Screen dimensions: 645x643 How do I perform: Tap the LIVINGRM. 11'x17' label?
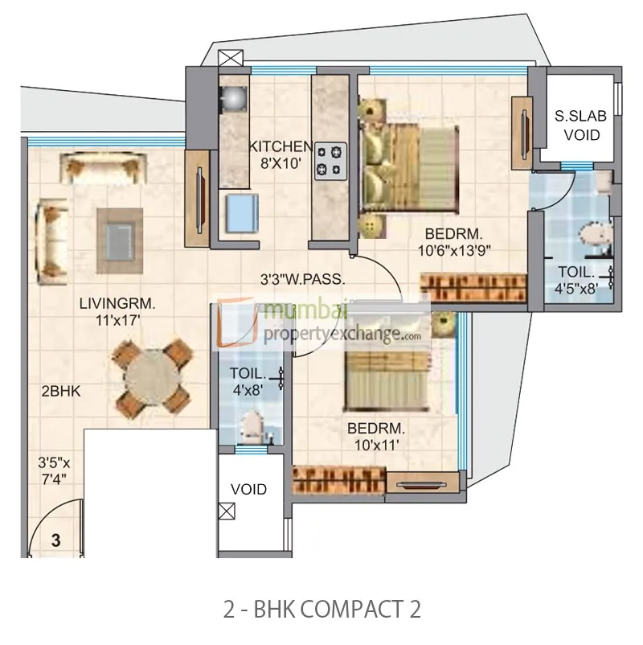[117, 311]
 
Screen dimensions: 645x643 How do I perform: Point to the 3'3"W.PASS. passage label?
[303, 281]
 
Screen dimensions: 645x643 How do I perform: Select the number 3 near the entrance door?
[55, 540]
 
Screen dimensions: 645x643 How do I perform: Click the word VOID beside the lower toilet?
[248, 489]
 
